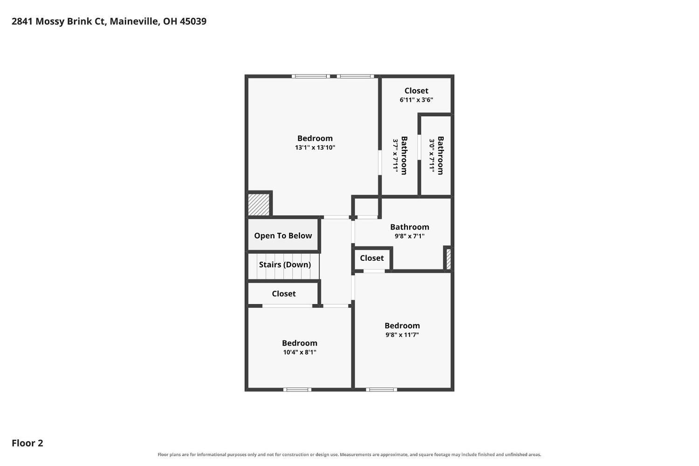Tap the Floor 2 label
(x=27, y=443)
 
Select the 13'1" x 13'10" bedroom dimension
(x=315, y=147)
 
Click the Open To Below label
(x=283, y=236)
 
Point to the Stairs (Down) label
(x=285, y=264)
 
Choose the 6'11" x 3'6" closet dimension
(x=416, y=100)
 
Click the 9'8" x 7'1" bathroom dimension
(x=410, y=236)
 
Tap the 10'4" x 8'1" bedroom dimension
(x=300, y=352)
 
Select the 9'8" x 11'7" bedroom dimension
(x=402, y=335)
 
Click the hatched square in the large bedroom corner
(x=259, y=205)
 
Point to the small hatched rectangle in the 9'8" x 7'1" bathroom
(x=448, y=258)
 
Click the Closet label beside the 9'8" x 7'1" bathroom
(x=372, y=258)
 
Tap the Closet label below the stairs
(x=284, y=293)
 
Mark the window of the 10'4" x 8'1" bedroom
(x=297, y=389)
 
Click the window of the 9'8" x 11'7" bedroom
(x=381, y=389)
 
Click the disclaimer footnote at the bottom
(x=349, y=454)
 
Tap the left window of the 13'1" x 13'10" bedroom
(x=311, y=76)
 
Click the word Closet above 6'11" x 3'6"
(x=416, y=90)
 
